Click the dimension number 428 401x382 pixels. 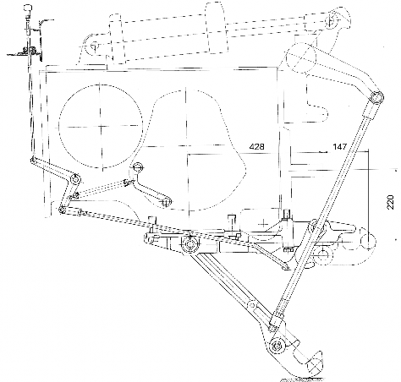click(x=257, y=147)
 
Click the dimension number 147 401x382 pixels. click(x=339, y=147)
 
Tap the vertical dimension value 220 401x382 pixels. click(x=391, y=202)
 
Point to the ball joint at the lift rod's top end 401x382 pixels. click(x=376, y=98)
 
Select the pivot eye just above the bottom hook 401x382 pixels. click(x=277, y=346)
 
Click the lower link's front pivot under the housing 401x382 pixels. click(x=190, y=244)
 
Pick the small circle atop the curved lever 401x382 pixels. click(x=137, y=167)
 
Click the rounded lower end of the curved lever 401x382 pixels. click(x=167, y=202)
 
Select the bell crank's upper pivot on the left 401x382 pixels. click(x=75, y=179)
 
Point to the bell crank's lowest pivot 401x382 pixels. click(x=62, y=210)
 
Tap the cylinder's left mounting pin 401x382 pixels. click(x=93, y=45)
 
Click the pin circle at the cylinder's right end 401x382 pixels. click(x=332, y=19)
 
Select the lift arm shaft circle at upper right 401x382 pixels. click(x=301, y=57)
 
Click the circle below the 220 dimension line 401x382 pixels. click(x=368, y=241)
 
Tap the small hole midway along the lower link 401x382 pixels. click(x=252, y=305)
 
